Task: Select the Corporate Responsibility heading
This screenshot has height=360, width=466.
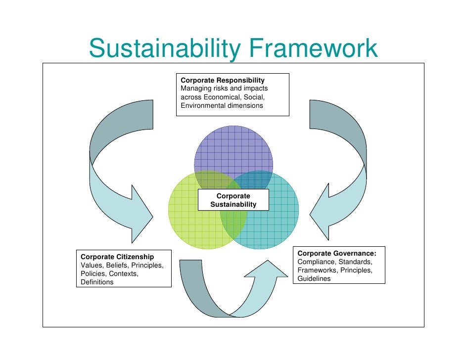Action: pyautogui.click(x=223, y=80)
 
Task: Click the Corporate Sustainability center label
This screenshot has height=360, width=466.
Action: pyautogui.click(x=233, y=200)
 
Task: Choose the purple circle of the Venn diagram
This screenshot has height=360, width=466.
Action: pyautogui.click(x=233, y=148)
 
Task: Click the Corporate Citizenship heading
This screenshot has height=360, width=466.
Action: pyautogui.click(x=117, y=257)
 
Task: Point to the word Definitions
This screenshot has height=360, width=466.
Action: pyautogui.click(x=97, y=282)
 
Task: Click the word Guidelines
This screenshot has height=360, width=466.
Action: pyautogui.click(x=314, y=278)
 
